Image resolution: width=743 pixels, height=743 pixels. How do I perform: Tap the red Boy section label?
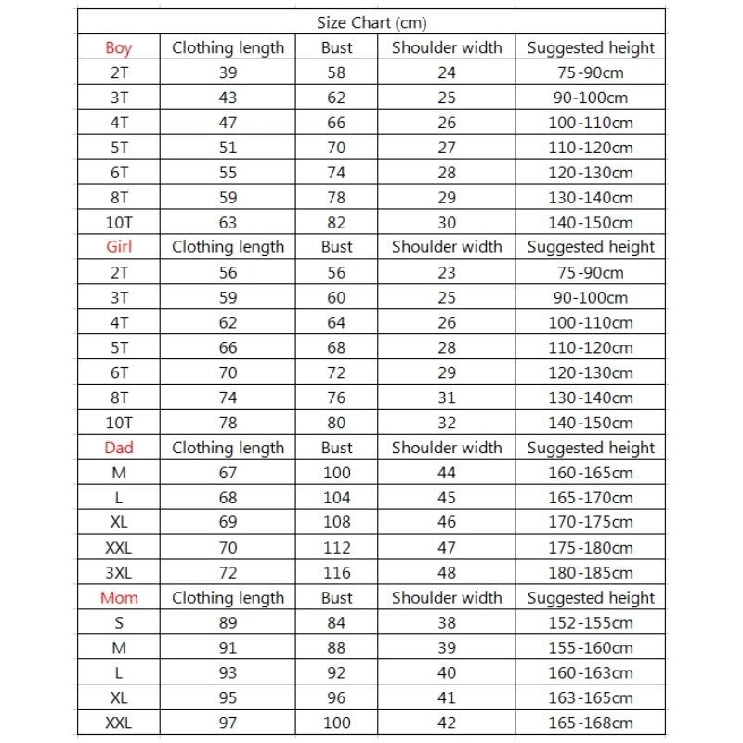point(119,47)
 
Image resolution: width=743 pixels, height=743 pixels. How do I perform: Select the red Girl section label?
point(119,247)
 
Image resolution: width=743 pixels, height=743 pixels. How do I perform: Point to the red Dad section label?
point(119,448)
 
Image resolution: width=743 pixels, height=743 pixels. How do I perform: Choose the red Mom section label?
point(119,598)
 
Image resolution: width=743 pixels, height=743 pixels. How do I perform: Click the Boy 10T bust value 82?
point(336,222)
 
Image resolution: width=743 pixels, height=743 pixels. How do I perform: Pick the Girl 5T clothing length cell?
point(228,348)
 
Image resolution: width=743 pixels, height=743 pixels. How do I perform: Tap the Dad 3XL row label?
point(119,573)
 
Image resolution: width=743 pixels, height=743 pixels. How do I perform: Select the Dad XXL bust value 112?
point(336,548)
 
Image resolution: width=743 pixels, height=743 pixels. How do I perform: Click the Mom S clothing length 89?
point(228,623)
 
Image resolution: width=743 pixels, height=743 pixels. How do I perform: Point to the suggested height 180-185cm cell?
point(591,573)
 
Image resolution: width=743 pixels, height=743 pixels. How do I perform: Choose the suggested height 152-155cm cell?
point(591,623)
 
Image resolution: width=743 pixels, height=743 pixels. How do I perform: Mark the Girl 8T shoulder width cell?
point(447,398)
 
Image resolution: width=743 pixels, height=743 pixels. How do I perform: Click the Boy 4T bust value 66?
point(336,122)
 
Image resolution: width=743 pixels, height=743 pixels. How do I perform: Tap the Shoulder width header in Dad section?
point(447,448)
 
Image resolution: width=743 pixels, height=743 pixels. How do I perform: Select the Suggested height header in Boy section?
point(591,47)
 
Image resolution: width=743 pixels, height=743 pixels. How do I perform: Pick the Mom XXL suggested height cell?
point(591,723)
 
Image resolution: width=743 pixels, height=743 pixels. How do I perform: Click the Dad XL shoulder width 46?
point(447,523)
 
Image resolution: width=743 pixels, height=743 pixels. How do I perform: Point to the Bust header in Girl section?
point(336,247)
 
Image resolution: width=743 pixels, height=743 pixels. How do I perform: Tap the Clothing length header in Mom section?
point(228,598)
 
